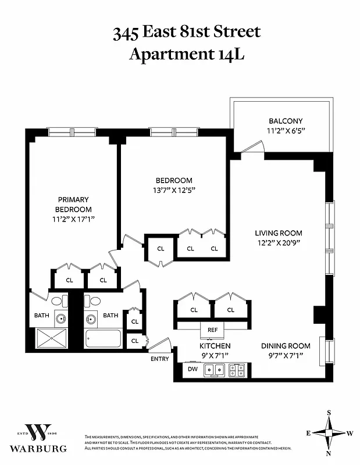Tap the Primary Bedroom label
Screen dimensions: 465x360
[x=73, y=204]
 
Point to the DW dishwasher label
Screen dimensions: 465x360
[x=193, y=368]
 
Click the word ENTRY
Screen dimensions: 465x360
[x=160, y=359]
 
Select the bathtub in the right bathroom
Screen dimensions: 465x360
[x=103, y=339]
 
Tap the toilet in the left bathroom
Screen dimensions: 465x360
[x=58, y=301]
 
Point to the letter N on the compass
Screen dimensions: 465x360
[x=329, y=453]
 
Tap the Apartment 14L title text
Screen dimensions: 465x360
[x=186, y=54]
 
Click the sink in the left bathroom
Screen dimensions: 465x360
[x=59, y=319]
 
